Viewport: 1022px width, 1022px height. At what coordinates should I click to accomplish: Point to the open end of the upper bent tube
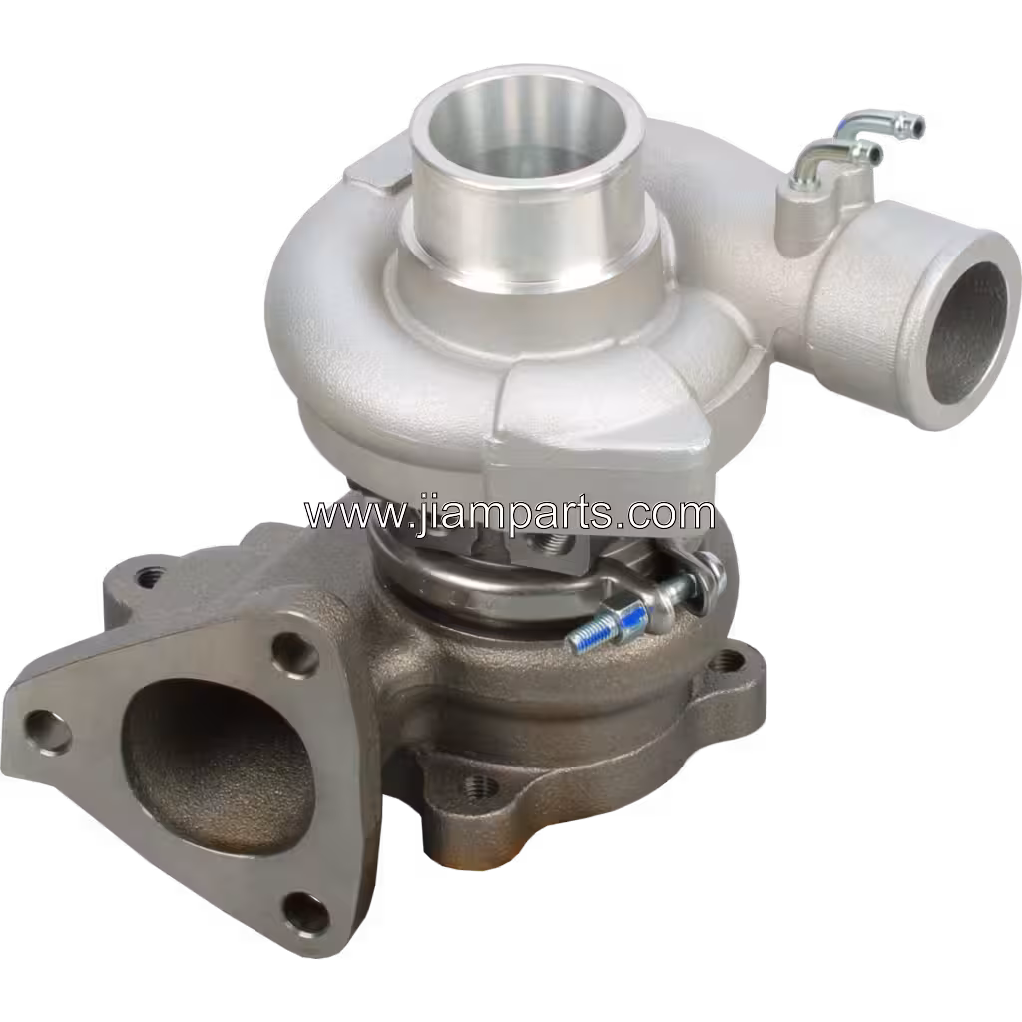912,126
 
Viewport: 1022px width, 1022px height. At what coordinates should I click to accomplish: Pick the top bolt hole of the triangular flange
293,653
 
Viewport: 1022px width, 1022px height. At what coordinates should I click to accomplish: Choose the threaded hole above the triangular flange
150,576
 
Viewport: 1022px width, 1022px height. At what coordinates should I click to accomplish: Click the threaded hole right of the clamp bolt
734,659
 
